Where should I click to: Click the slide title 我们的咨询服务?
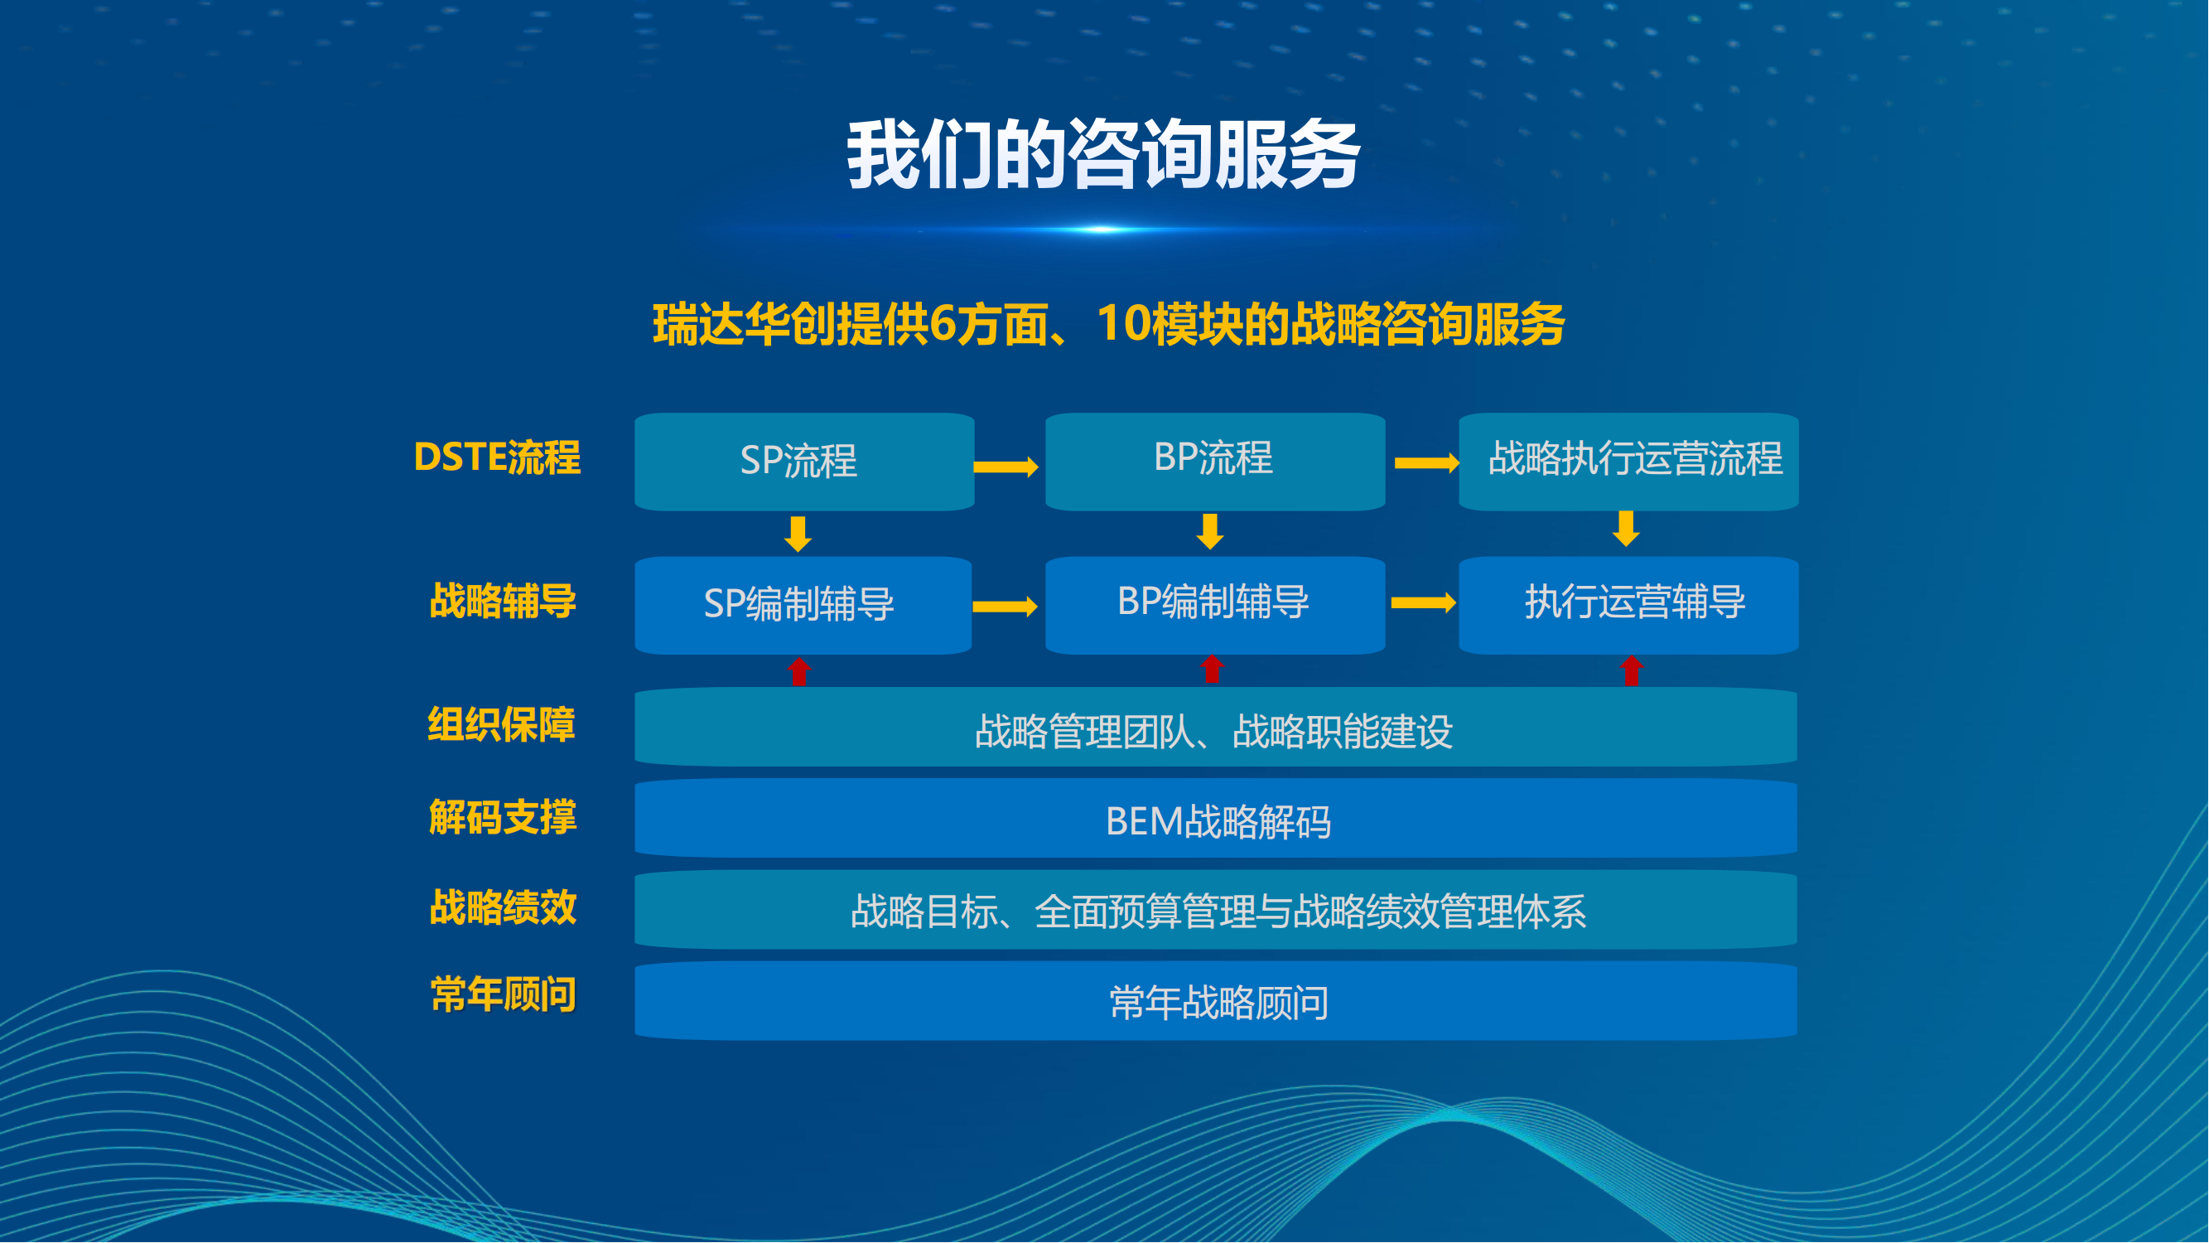pyautogui.click(x=1103, y=154)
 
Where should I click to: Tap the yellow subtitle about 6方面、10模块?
pyautogui.click(x=1109, y=324)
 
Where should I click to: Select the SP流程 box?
pyautogui.click(x=804, y=462)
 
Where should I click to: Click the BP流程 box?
pyautogui.click(x=1215, y=462)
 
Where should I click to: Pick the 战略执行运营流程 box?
pyautogui.click(x=1628, y=462)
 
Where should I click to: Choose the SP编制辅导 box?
pyautogui.click(x=803, y=606)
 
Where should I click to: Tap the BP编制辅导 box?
pyautogui.click(x=1215, y=606)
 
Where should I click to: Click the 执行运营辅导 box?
pyautogui.click(x=1628, y=606)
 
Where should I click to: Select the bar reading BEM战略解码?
pyautogui.click(x=1216, y=819)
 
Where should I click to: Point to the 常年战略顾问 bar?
pyautogui.click(x=1216, y=1001)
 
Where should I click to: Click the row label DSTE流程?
pyautogui.click(x=496, y=457)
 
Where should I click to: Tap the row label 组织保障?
pyautogui.click(x=501, y=725)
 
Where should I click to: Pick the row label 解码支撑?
pyautogui.click(x=503, y=817)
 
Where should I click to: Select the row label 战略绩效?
pyautogui.click(x=503, y=907)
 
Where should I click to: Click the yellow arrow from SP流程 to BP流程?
pyautogui.click(x=1006, y=467)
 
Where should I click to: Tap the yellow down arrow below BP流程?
pyautogui.click(x=1210, y=532)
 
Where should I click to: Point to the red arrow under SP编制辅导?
pyautogui.click(x=799, y=672)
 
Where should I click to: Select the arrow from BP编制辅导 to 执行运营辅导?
pyautogui.click(x=1424, y=604)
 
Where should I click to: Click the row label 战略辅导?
pyautogui.click(x=503, y=601)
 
